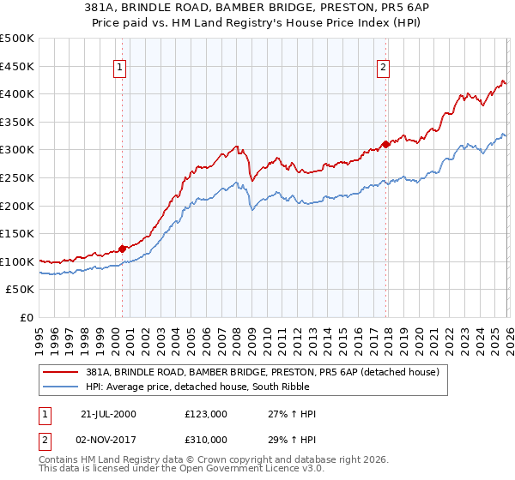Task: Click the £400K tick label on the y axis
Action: [17, 93]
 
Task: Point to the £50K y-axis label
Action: [20, 290]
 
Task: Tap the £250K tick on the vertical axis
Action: [17, 177]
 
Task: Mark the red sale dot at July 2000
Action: [123, 249]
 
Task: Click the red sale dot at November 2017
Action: [385, 144]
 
